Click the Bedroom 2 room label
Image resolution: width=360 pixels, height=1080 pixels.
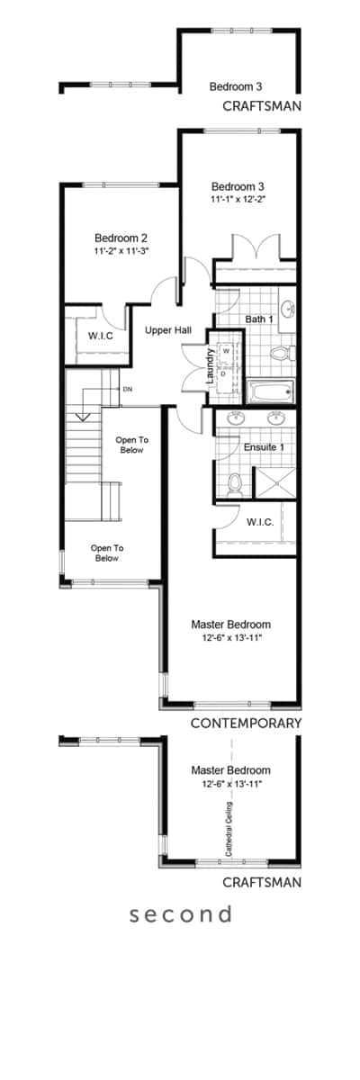click(121, 238)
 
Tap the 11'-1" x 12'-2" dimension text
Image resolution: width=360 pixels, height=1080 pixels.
click(238, 199)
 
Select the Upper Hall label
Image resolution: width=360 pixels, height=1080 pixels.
click(168, 330)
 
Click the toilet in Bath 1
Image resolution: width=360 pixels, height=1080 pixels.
click(283, 354)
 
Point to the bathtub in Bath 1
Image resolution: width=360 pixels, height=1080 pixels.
click(270, 391)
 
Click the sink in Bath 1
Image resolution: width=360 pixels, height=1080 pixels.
click(289, 309)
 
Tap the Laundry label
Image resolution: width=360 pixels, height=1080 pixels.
click(210, 366)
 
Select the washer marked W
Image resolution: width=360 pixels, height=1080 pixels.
click(226, 351)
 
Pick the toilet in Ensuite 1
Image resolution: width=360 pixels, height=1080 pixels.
click(235, 483)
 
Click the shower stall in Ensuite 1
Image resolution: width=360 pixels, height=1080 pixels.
click(274, 481)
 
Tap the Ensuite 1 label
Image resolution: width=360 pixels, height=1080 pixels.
click(264, 447)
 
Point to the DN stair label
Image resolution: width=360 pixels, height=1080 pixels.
click(128, 389)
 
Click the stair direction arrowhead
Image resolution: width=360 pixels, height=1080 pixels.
click(84, 417)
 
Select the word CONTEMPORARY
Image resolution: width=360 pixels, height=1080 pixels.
click(247, 724)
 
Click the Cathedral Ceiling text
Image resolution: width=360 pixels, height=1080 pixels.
click(229, 829)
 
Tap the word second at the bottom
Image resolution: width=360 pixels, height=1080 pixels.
click(181, 914)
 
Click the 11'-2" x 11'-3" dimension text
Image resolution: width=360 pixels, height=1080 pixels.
click(121, 251)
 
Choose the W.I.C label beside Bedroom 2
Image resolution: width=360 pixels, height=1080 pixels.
click(101, 336)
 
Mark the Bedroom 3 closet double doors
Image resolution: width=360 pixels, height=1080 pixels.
click(256, 247)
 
